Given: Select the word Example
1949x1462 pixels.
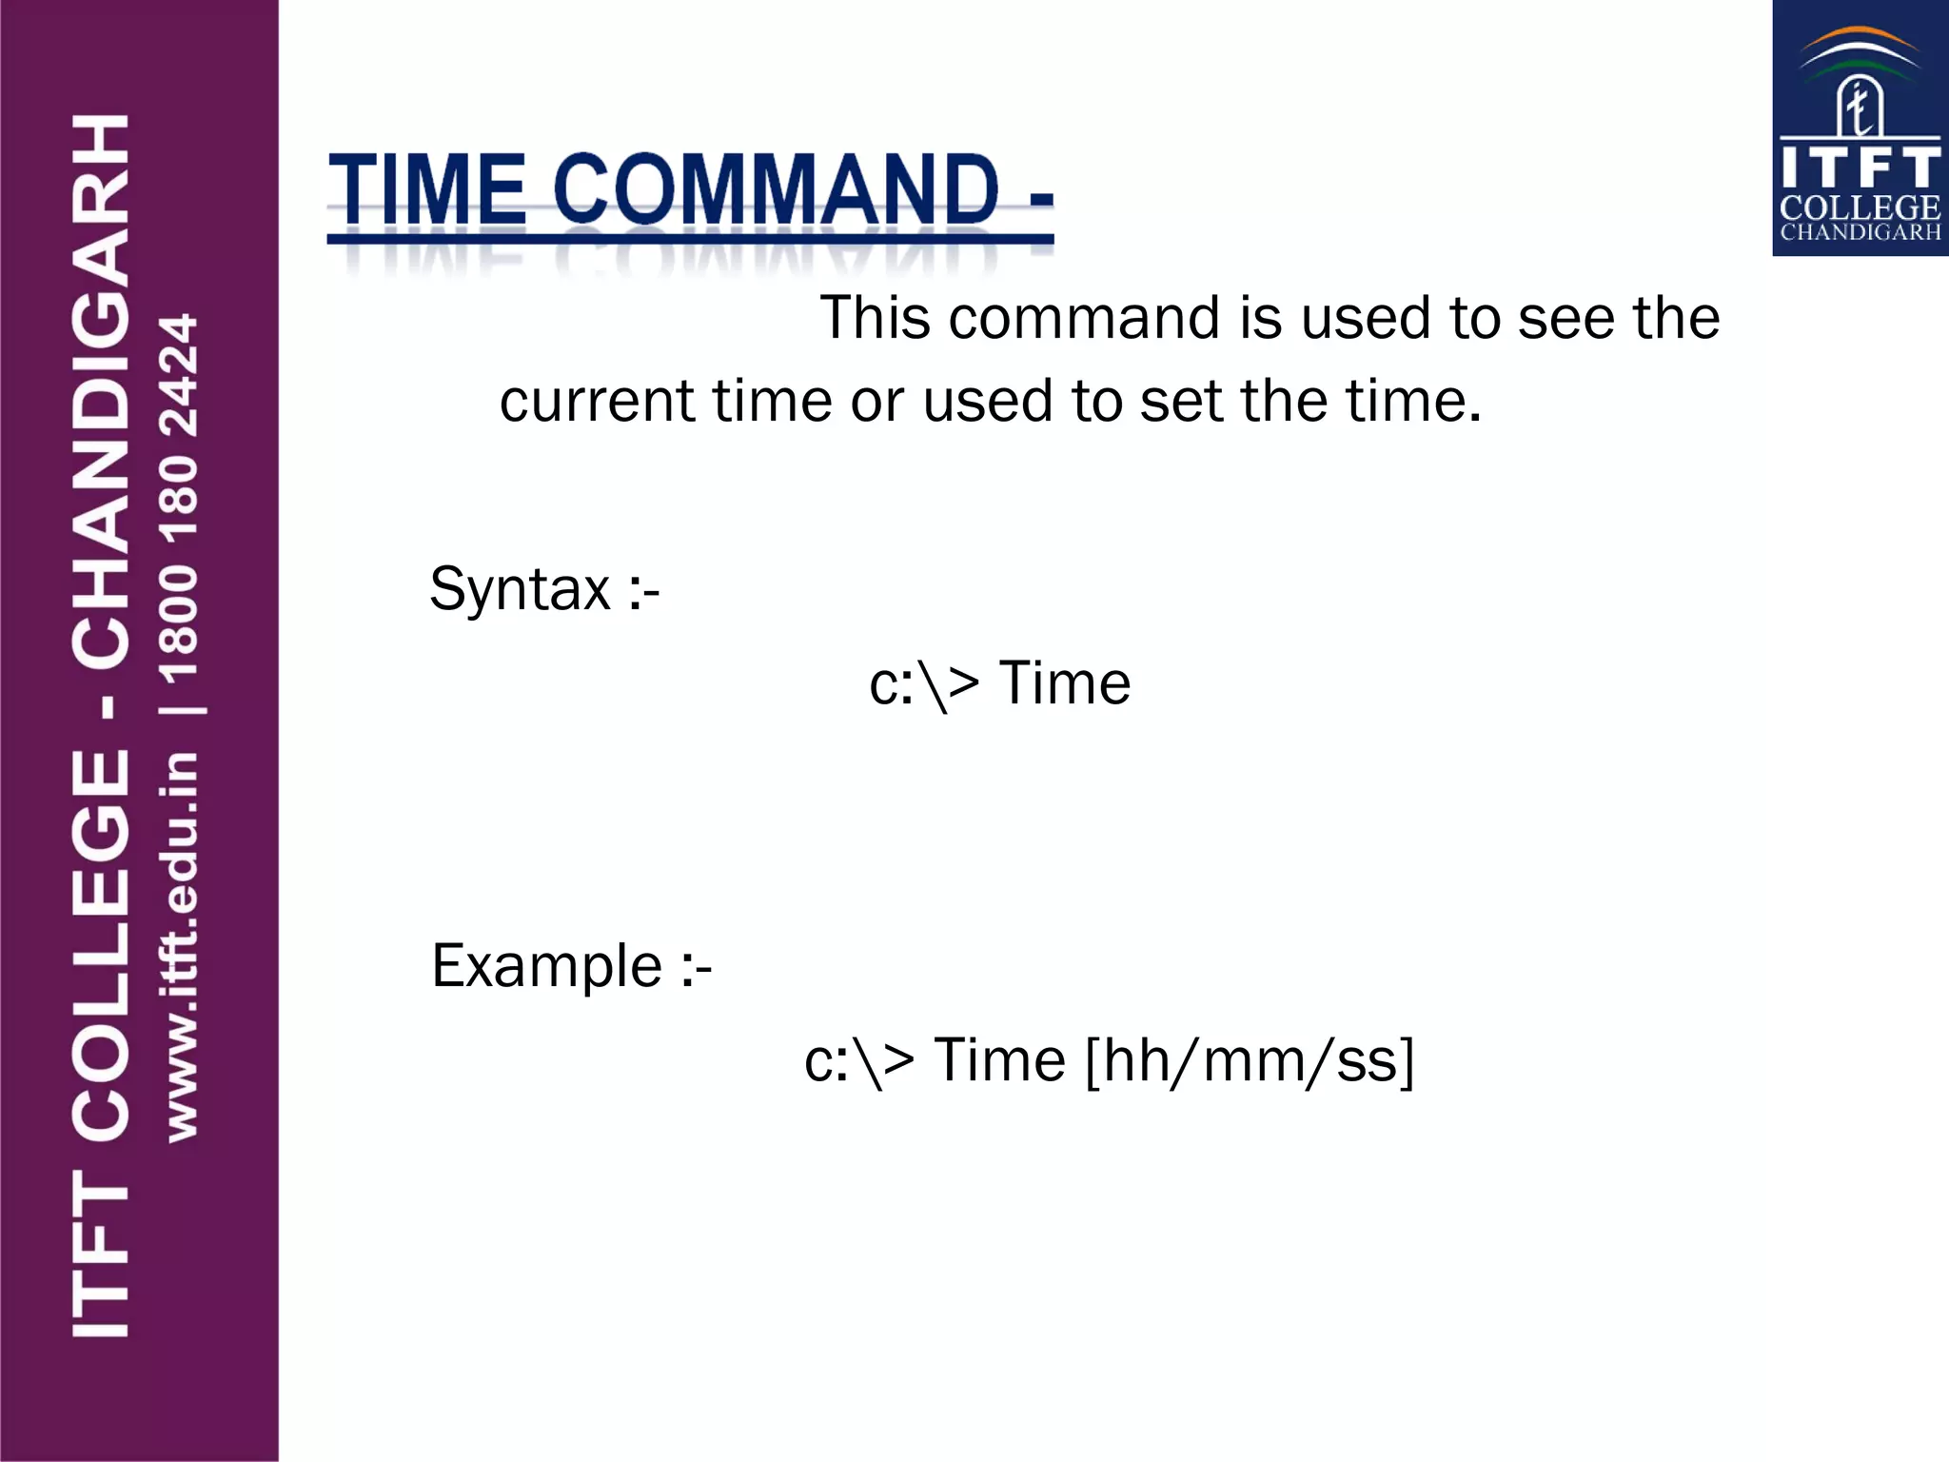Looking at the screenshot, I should click(547, 966).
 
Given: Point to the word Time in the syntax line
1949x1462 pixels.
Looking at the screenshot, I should click(1065, 683).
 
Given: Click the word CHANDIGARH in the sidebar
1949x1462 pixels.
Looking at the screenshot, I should click(101, 390).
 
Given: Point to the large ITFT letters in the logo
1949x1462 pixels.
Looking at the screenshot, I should click(1860, 168).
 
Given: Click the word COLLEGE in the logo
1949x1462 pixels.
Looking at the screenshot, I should click(1860, 207).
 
